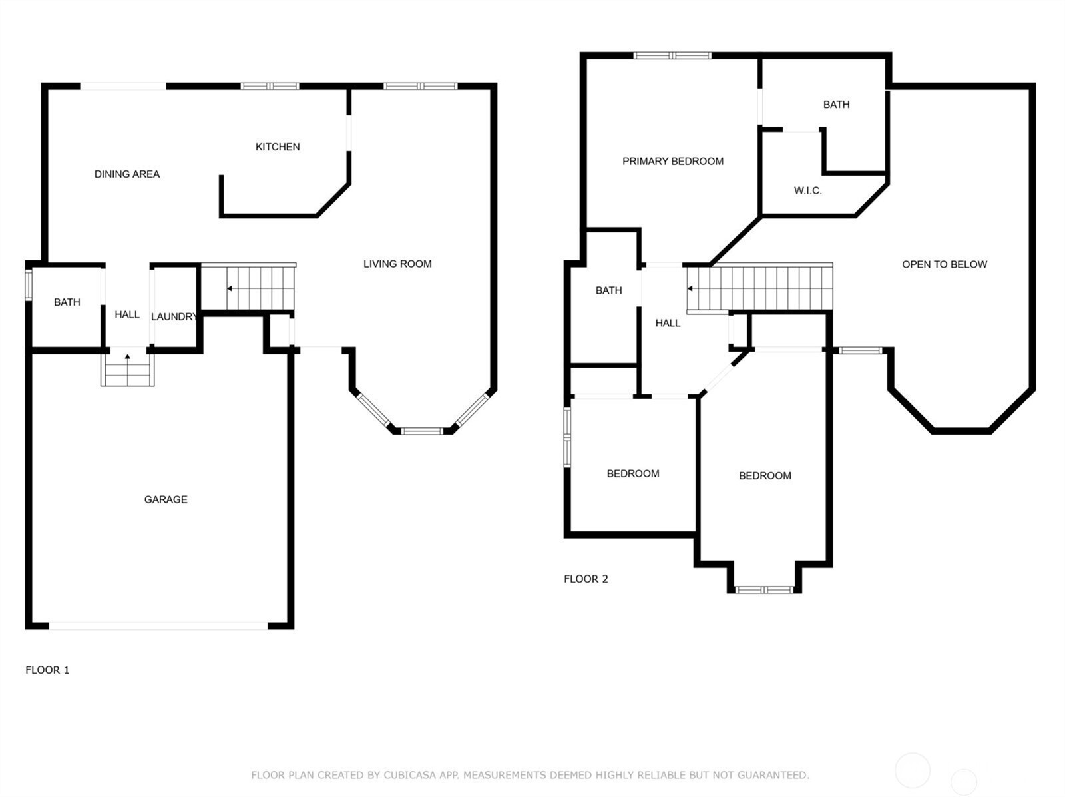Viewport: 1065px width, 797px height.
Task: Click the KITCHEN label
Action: point(278,147)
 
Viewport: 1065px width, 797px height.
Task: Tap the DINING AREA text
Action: point(127,174)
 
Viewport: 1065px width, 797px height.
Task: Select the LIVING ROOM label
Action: point(397,264)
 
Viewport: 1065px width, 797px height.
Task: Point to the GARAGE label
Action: point(166,499)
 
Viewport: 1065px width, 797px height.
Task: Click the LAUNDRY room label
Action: point(174,317)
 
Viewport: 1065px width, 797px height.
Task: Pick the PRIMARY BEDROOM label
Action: point(673,162)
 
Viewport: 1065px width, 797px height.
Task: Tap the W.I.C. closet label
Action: point(808,190)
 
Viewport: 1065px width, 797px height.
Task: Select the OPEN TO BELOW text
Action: point(945,264)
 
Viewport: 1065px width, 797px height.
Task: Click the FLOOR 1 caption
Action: point(47,670)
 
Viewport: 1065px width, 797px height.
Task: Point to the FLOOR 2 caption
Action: point(586,579)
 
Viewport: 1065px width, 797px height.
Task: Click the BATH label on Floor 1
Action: point(67,302)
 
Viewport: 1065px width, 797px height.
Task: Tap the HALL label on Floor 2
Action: point(668,324)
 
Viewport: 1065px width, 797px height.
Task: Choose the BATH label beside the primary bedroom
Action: point(837,105)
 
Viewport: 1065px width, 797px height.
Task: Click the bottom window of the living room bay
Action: point(422,431)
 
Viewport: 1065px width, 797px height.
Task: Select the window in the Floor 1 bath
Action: point(29,285)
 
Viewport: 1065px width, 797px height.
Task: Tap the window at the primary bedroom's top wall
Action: point(672,55)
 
